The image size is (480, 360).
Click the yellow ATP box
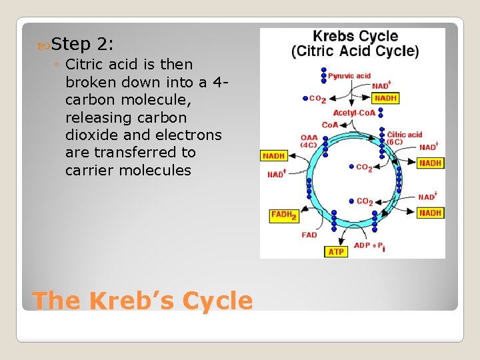point(335,251)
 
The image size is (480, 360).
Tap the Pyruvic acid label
point(349,76)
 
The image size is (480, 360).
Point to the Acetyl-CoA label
point(354,113)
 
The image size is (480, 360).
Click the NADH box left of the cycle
point(273,155)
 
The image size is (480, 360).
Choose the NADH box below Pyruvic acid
point(386,98)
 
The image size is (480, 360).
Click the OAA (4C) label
point(309,141)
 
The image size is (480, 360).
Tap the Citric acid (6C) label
point(405,138)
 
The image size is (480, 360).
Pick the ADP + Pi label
point(369,245)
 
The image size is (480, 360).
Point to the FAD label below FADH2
point(309,235)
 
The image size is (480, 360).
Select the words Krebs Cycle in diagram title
point(355,37)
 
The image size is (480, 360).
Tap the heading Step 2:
point(82,45)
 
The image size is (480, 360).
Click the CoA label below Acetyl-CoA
point(329,125)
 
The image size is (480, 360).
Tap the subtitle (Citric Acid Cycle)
point(355,51)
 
